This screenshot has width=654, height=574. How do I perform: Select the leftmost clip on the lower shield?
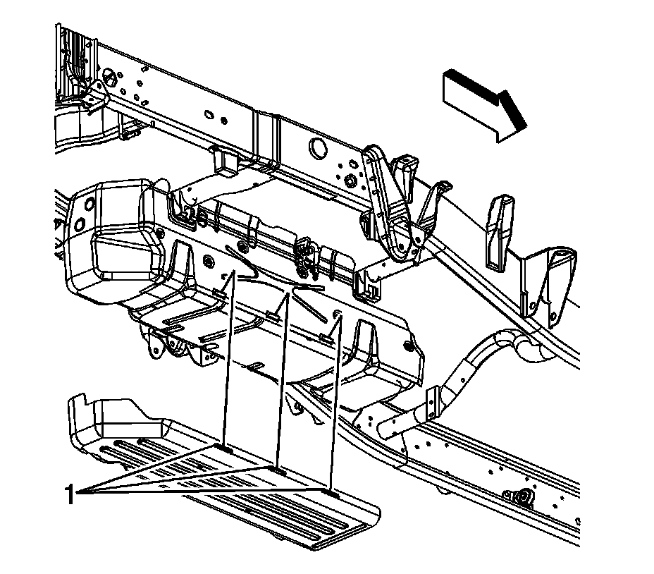224,448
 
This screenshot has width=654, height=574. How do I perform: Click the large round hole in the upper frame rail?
317,147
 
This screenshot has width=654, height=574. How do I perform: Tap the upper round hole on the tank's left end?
88,204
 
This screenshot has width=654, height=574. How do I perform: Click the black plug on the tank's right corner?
409,345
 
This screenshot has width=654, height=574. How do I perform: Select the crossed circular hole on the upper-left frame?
109,75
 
